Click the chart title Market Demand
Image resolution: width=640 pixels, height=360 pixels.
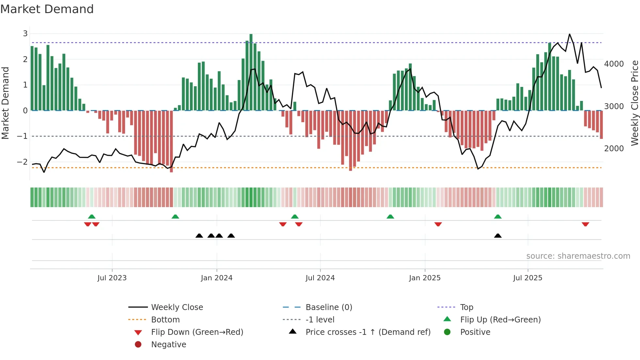(47, 9)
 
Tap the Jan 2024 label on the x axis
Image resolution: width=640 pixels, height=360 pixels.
(216, 278)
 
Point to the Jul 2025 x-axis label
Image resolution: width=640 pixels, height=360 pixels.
(527, 278)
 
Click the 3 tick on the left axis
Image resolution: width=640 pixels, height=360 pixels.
(25, 33)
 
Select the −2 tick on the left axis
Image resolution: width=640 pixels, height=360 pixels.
(23, 162)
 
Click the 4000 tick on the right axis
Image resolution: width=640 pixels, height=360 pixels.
(614, 64)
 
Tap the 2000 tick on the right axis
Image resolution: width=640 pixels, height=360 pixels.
(614, 149)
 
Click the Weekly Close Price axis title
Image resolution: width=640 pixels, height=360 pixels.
(634, 103)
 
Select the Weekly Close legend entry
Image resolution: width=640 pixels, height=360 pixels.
(177, 307)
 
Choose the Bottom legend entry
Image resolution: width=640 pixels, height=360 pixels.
(165, 320)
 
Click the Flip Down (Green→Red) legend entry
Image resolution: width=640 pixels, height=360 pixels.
(197, 332)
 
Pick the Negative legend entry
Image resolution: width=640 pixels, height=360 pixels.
(168, 345)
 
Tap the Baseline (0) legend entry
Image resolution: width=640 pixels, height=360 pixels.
(328, 307)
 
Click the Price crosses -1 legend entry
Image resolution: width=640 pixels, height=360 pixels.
(368, 332)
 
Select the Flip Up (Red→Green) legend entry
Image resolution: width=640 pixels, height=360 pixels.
(500, 320)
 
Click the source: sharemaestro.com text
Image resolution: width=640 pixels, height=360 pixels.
(578, 256)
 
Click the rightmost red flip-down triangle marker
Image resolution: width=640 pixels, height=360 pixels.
(585, 224)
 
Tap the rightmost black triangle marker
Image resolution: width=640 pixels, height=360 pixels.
(498, 236)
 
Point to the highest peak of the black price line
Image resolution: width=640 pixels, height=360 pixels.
(569, 34)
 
